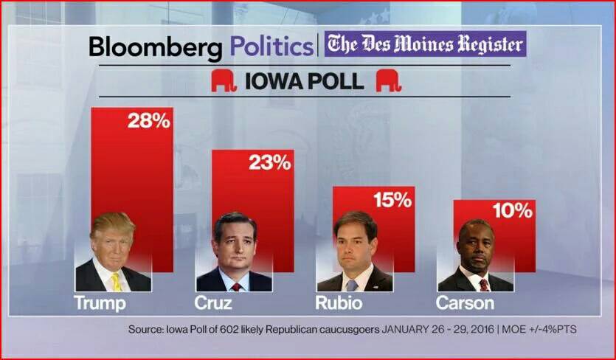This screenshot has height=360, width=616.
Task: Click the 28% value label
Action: click(149, 121)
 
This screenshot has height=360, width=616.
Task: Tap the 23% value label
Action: click(269, 162)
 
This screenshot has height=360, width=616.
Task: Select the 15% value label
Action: click(391, 199)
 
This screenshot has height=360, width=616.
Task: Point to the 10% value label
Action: click(512, 212)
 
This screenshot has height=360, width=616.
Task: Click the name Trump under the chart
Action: click(100, 303)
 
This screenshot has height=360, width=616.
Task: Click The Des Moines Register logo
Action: click(424, 44)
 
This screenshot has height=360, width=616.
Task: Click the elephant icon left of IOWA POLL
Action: click(224, 81)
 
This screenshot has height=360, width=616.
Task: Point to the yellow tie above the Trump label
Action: click(116, 282)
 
